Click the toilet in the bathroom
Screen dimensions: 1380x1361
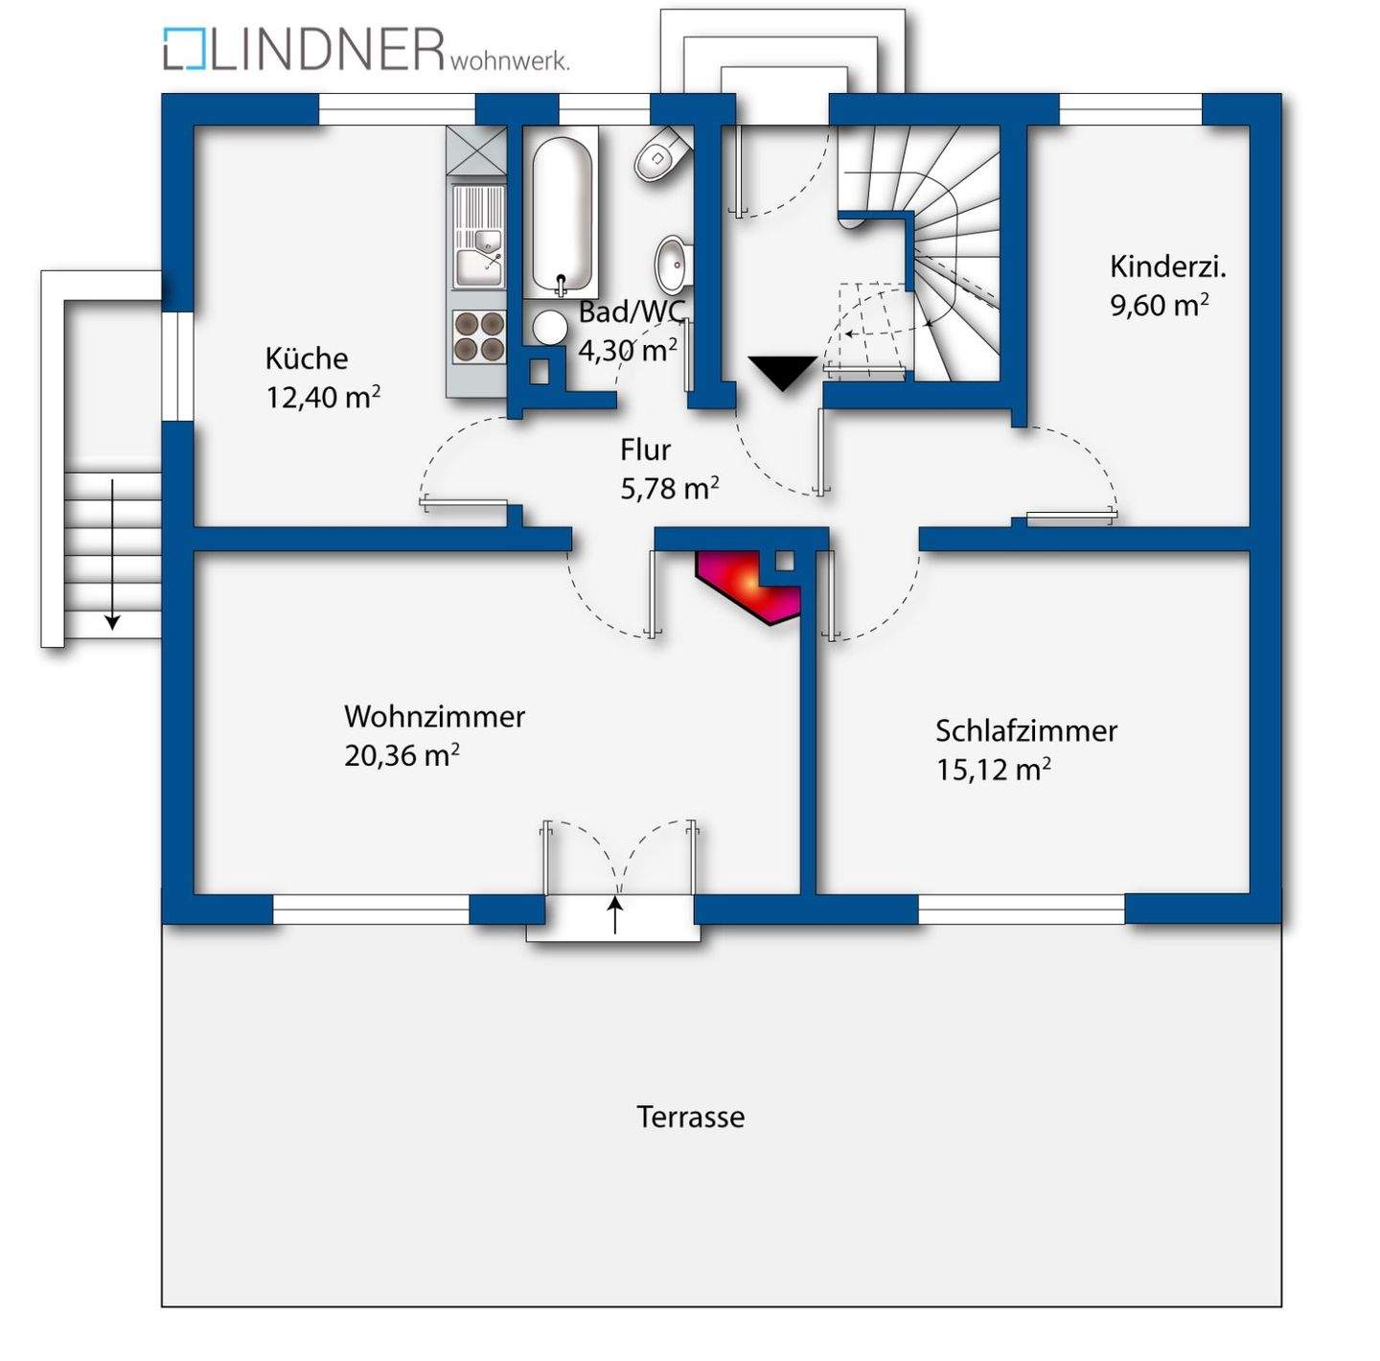click(x=663, y=153)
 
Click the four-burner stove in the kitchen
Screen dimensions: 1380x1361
click(x=479, y=336)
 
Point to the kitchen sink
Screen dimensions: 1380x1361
click(x=479, y=268)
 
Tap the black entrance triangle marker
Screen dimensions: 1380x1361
click(x=784, y=373)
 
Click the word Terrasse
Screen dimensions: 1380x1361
click(x=690, y=1117)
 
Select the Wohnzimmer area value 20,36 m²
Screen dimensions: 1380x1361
click(x=402, y=755)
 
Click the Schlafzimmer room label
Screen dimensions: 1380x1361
click(x=1026, y=730)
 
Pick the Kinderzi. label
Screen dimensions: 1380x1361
click(x=1168, y=266)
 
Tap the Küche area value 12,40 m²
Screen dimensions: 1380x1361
click(x=323, y=397)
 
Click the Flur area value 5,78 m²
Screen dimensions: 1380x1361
click(x=670, y=489)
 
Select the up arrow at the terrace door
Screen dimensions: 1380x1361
click(x=615, y=914)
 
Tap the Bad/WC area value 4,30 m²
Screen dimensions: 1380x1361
click(x=628, y=350)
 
